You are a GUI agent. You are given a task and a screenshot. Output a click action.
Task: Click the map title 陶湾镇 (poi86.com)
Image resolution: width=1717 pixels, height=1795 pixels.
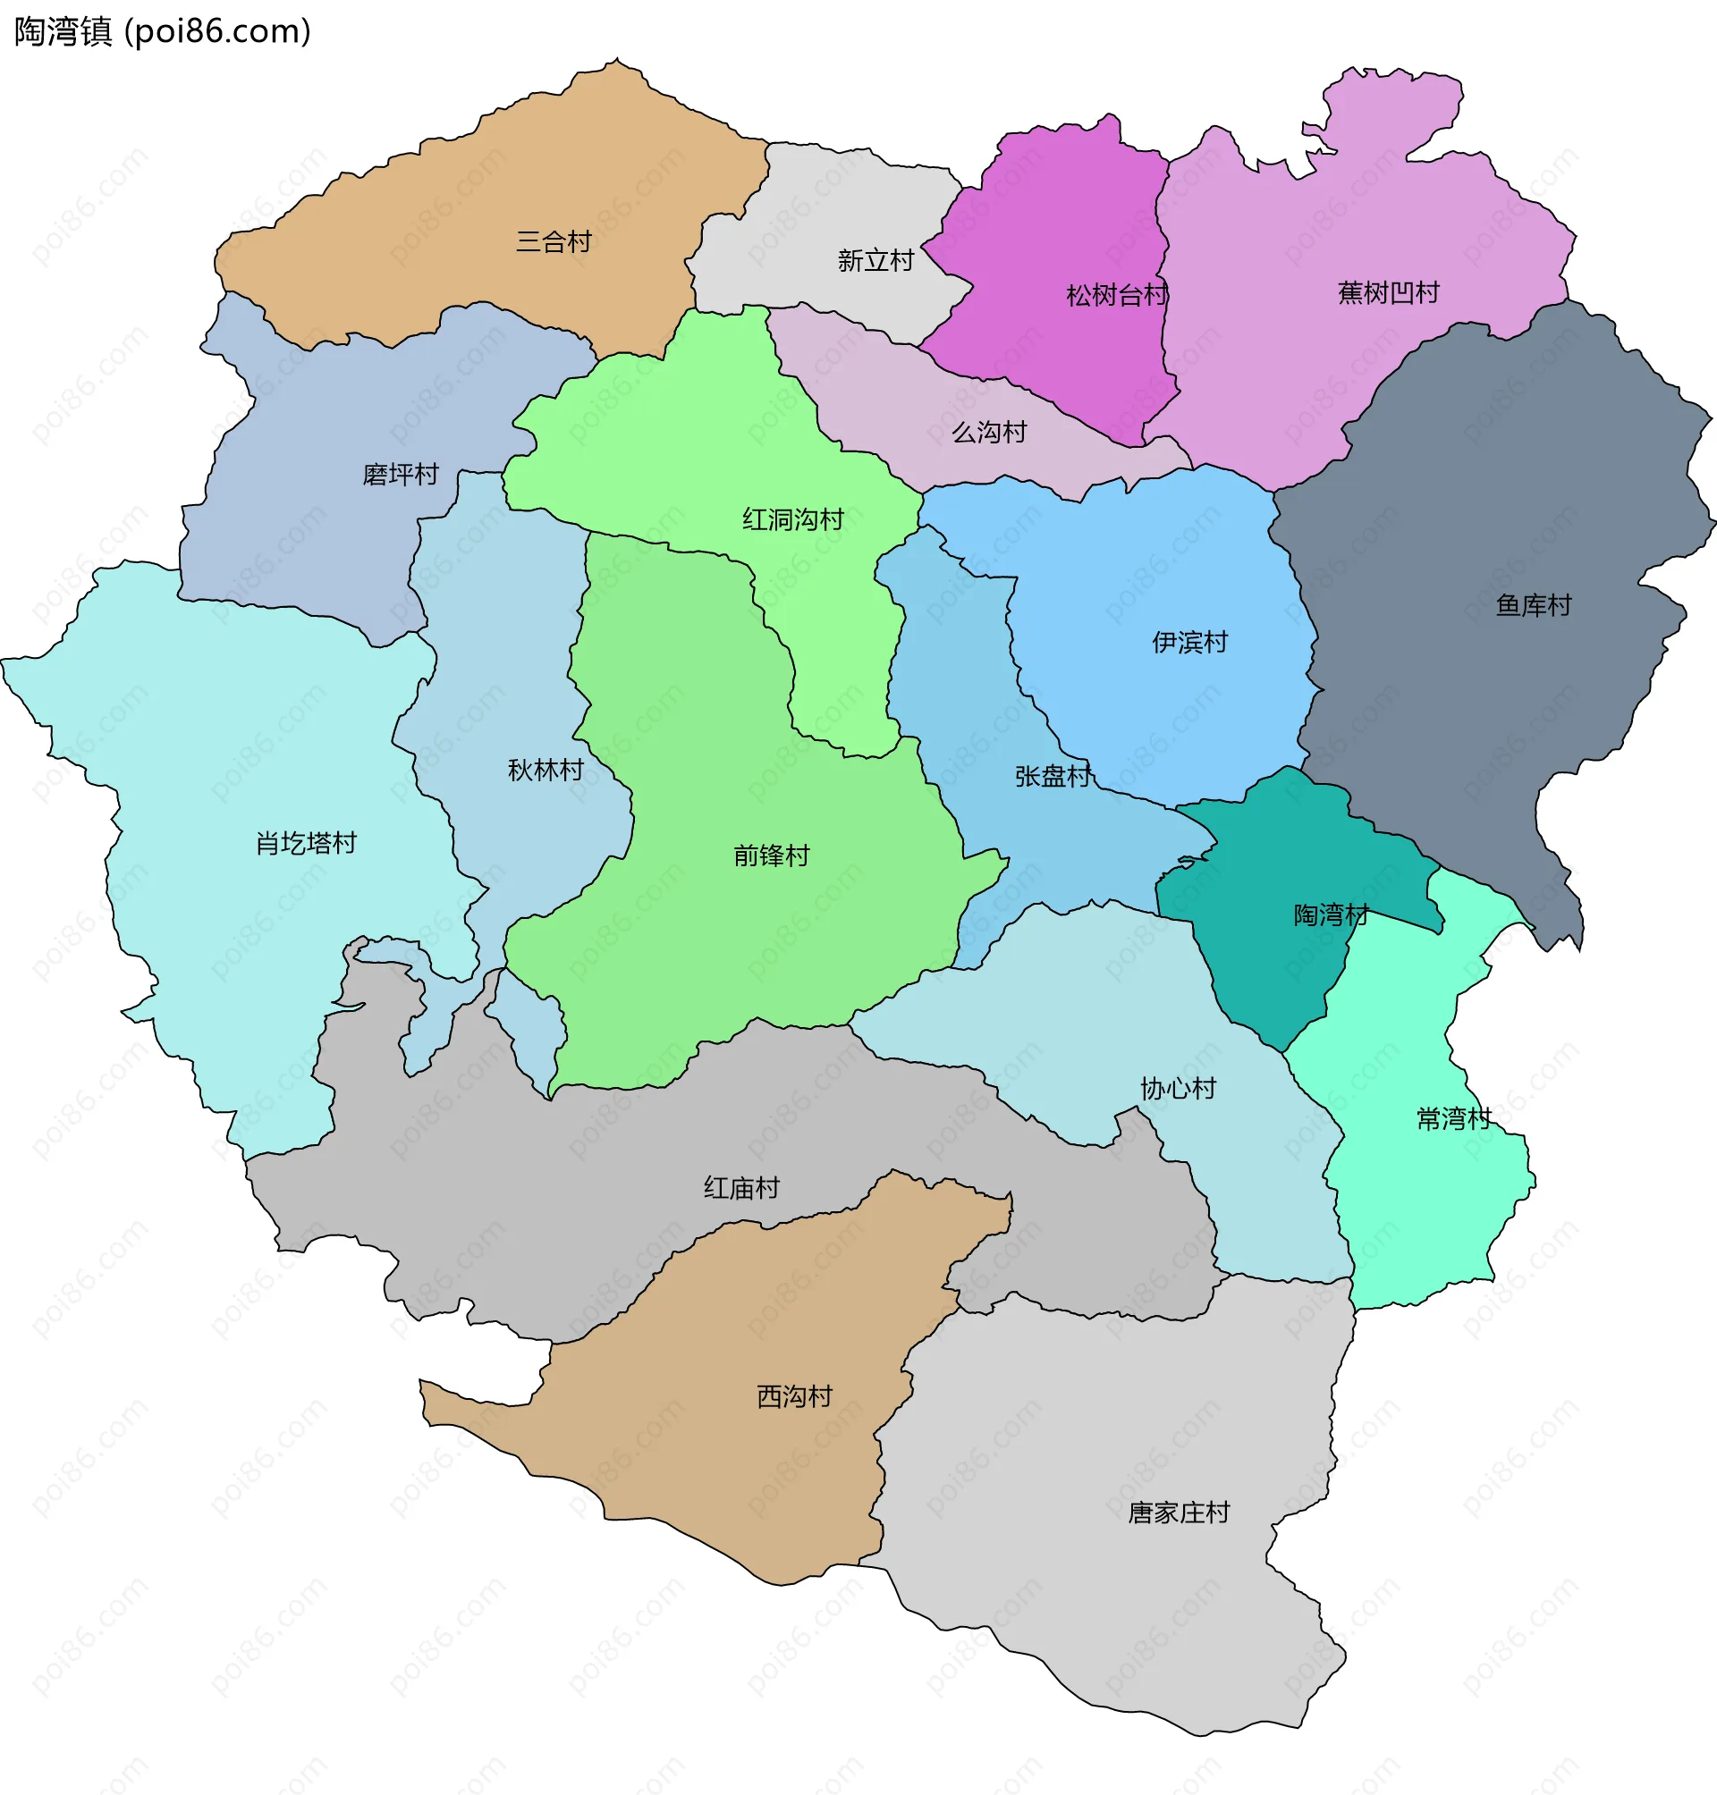[x=163, y=32]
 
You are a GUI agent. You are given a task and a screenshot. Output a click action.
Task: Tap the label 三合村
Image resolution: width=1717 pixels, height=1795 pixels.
[x=554, y=242]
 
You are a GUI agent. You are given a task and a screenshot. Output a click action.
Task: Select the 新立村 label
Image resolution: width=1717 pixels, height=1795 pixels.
[x=875, y=262]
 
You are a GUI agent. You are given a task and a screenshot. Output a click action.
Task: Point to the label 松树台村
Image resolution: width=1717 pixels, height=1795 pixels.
[x=1117, y=296]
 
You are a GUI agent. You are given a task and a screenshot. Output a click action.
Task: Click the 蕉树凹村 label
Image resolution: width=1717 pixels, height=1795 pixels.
[x=1389, y=294]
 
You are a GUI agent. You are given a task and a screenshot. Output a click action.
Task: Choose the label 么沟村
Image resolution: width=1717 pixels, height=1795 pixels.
[x=989, y=433]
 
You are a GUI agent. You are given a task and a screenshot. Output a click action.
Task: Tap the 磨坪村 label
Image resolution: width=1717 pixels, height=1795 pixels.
[x=401, y=475]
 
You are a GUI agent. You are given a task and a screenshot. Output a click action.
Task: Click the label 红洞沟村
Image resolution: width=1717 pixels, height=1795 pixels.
[x=792, y=520]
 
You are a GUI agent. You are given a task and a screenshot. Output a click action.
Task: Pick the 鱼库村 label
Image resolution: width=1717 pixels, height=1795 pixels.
[x=1534, y=606]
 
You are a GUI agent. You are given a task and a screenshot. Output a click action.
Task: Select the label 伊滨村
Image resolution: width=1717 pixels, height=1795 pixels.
[x=1189, y=643]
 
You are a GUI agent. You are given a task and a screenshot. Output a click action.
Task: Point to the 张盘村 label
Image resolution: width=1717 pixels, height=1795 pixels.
[x=1053, y=777]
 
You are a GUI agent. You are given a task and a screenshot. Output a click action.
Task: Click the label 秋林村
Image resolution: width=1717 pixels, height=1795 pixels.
[x=546, y=771]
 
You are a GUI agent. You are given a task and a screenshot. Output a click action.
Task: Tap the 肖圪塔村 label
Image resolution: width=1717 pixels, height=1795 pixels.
[x=307, y=844]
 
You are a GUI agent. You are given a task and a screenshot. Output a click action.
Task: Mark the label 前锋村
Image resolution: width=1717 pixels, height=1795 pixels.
[x=772, y=856]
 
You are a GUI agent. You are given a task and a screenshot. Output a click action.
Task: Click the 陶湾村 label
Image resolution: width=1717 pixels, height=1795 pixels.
[x=1331, y=915]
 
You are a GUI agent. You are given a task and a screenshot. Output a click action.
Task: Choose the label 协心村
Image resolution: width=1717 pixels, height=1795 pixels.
[x=1178, y=1090]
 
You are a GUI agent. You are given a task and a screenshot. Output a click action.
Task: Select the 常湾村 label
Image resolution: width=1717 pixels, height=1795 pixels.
[x=1454, y=1120]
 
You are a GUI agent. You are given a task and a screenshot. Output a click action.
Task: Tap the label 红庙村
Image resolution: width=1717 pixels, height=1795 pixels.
[x=741, y=1189]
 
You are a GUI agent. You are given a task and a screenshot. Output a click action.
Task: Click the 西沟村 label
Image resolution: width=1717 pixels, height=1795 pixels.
[x=794, y=1397]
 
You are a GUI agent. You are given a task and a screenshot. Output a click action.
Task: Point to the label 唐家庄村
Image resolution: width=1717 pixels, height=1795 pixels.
[x=1178, y=1513]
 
